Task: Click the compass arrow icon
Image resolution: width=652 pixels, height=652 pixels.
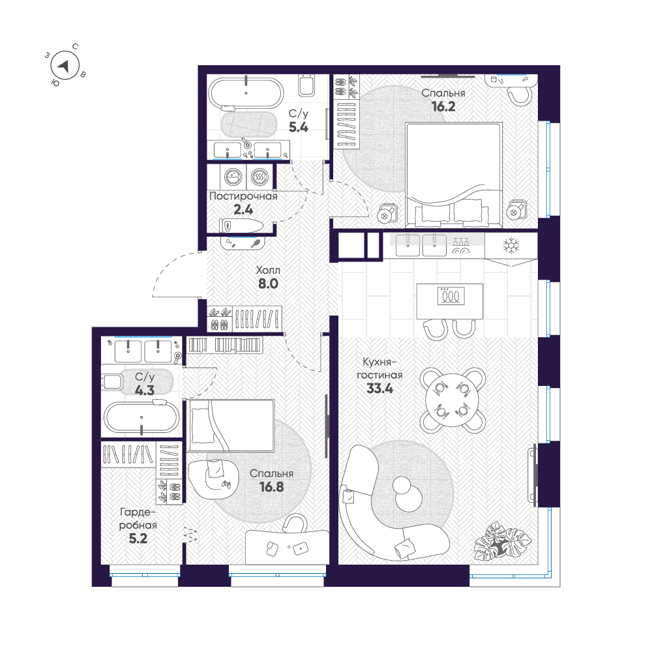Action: (65, 65)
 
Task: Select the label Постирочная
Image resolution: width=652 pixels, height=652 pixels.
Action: (243, 196)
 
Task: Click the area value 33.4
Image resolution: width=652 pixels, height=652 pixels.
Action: (379, 389)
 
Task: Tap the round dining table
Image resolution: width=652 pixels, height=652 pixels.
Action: (452, 400)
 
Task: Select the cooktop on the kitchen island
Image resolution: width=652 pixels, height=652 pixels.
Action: (450, 296)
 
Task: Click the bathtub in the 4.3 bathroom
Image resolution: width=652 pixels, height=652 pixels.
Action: (141, 417)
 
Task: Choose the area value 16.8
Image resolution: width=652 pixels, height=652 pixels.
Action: (271, 486)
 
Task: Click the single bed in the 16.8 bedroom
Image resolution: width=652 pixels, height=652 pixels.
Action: (231, 424)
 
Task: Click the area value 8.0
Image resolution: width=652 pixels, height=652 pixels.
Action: (268, 284)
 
